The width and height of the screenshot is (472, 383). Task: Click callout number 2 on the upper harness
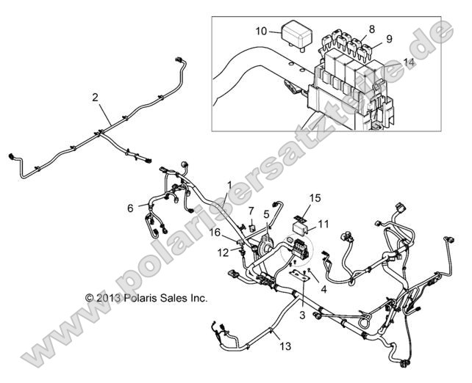tap(95, 97)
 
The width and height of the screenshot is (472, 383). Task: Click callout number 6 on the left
tap(131, 208)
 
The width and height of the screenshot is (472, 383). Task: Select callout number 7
tap(251, 212)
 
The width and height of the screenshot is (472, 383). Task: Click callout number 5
tap(267, 214)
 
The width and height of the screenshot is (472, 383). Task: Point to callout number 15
tap(315, 198)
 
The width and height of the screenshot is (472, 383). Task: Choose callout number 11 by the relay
tap(323, 223)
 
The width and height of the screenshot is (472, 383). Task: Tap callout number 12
tap(223, 252)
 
